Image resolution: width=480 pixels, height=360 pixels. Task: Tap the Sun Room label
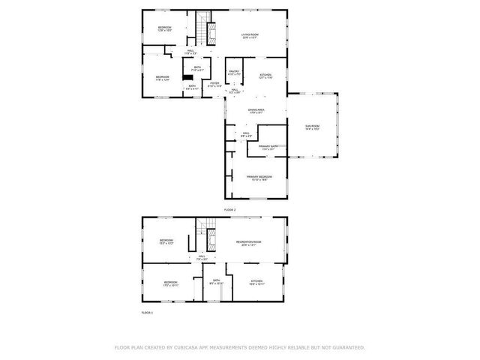pos(313,127)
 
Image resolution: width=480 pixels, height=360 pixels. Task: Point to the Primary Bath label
pos(268,148)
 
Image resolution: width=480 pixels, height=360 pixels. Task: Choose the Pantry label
pos(234,73)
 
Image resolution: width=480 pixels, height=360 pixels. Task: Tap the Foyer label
pos(214,84)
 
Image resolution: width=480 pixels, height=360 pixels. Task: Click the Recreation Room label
pos(248,243)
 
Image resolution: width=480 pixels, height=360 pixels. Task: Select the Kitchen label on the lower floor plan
pos(256,283)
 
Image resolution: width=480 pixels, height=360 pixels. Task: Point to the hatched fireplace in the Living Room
pos(211,32)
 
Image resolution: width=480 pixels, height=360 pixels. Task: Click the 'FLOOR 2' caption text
pos(229,209)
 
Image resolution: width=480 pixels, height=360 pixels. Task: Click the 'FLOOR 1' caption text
pos(147,312)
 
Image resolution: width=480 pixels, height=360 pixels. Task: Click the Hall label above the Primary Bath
pos(245,134)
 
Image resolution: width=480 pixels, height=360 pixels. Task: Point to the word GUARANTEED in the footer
pos(346,347)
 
